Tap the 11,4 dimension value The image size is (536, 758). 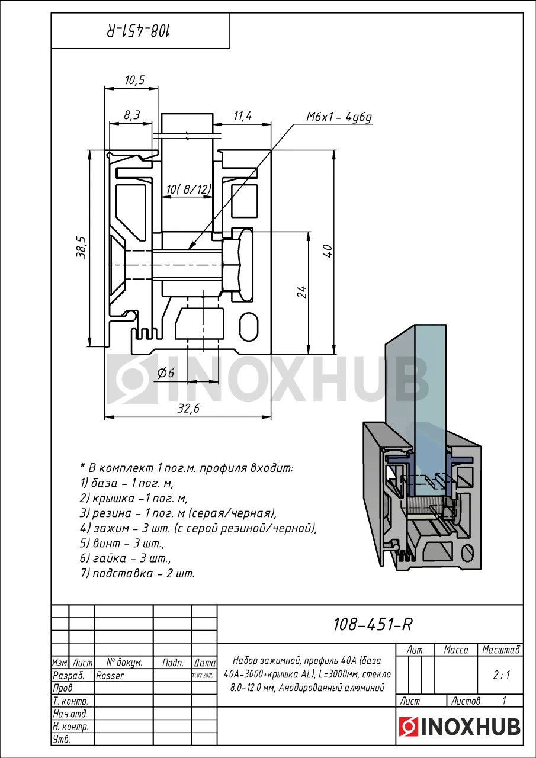242,116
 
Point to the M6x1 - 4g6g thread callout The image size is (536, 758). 338,117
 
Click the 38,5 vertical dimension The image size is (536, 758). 82,248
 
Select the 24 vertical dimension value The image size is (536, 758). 302,291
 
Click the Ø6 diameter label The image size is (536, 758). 165,373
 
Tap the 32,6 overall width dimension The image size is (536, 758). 188,409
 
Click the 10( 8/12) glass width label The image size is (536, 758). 188,189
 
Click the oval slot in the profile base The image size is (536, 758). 249,326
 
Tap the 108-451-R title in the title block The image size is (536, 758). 372,624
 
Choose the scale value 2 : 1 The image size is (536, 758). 501,675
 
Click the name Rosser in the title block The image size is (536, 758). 110,675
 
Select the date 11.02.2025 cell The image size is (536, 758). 204,675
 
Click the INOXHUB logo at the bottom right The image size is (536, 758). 460,727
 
